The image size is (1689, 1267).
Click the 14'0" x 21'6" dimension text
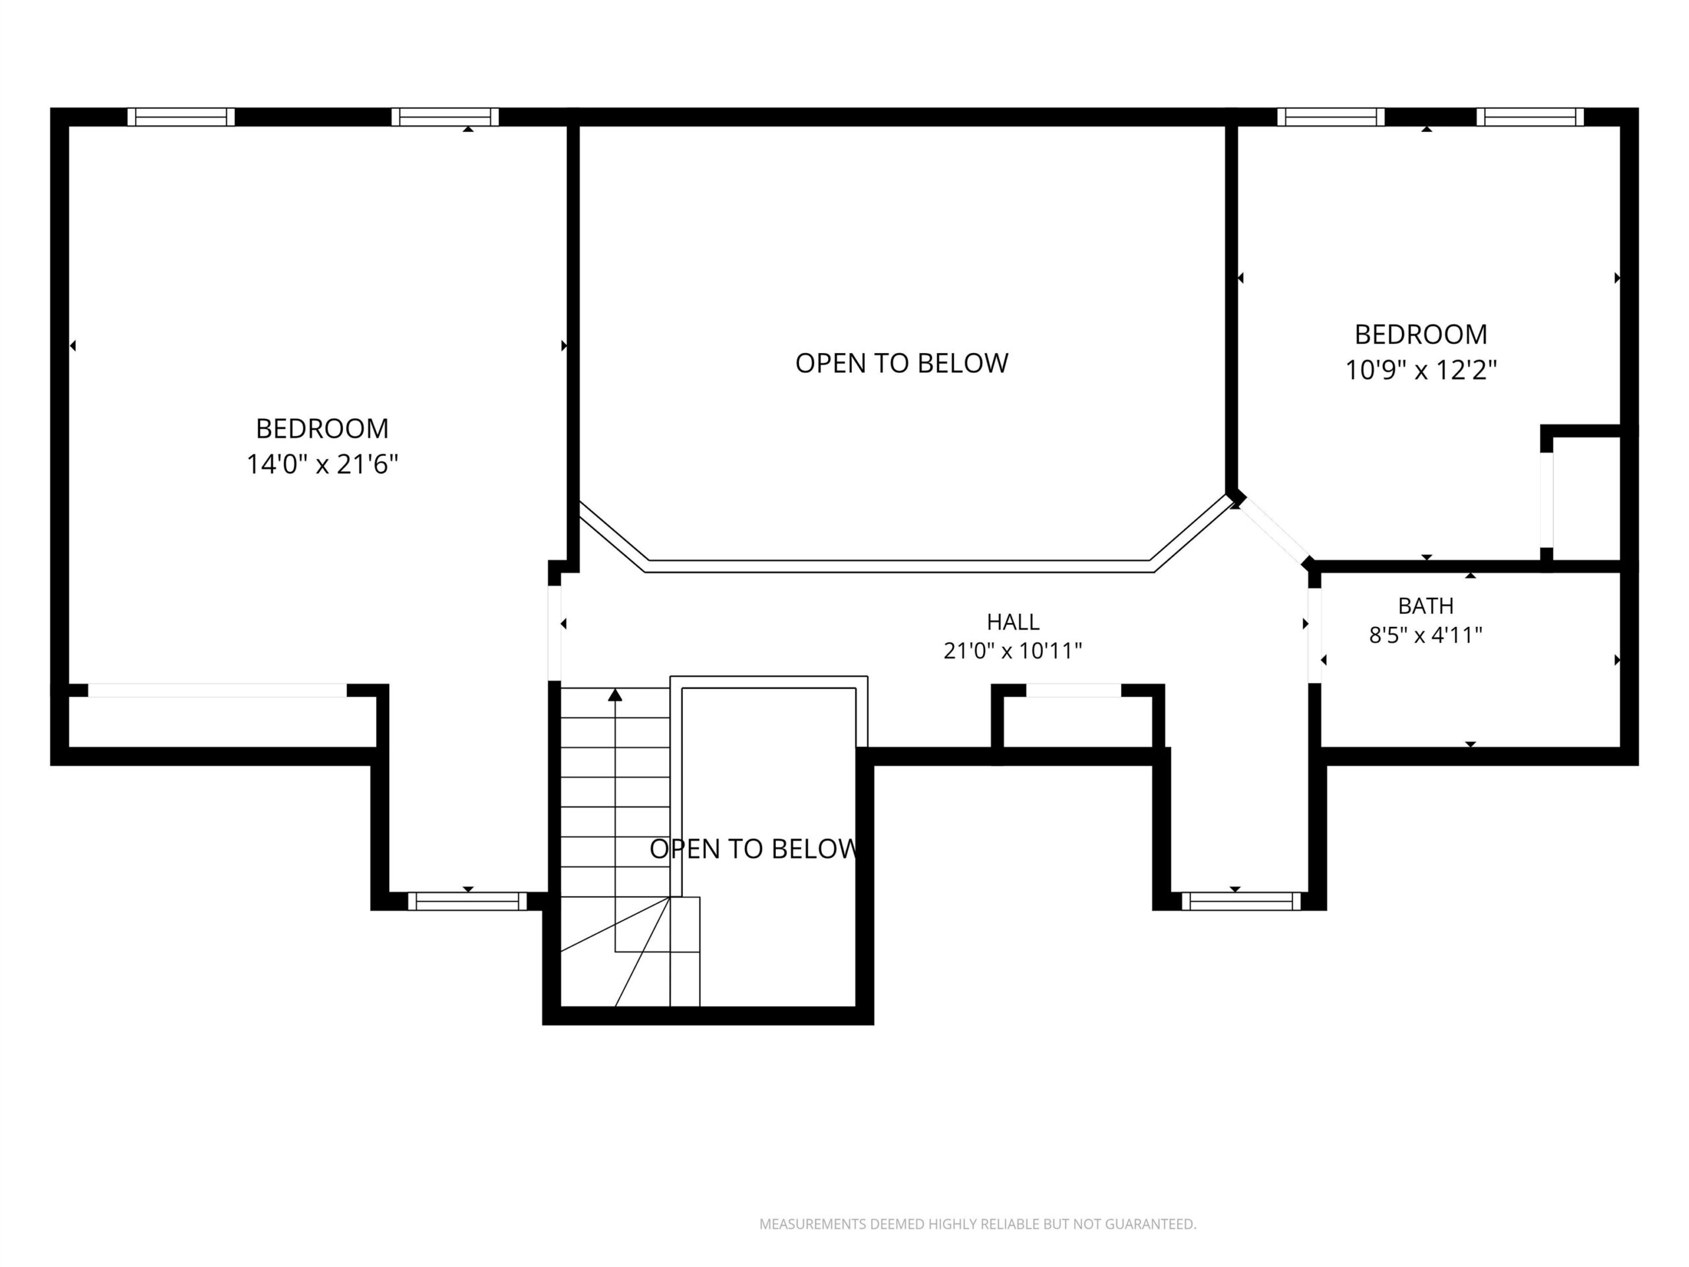pos(322,465)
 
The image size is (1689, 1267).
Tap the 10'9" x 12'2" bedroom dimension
pos(1420,370)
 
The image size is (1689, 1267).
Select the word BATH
pos(1426,606)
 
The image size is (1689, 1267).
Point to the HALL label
pos(1013,622)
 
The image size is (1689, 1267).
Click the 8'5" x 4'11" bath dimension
pos(1426,635)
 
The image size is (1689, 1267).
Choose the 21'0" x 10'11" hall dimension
pos(1013,651)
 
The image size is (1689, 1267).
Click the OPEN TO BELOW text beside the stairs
pos(753,849)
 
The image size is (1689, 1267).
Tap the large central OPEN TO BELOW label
pos(902,364)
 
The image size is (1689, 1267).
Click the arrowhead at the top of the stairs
pos(615,694)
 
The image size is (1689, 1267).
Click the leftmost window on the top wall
pos(181,117)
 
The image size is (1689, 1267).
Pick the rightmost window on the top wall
pos(1530,117)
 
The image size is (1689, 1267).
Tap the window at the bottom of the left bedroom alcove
pos(467,901)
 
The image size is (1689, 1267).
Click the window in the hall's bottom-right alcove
pos(1241,901)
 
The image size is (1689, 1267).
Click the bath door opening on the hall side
pos(1314,635)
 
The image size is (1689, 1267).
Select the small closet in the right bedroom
pos(1586,500)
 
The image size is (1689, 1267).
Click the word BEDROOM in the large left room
pos(322,429)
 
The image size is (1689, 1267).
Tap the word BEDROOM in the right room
pos(1420,335)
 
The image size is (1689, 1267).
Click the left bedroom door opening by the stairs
pos(554,633)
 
